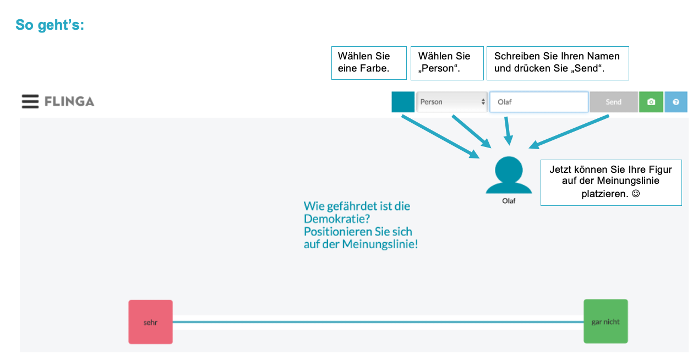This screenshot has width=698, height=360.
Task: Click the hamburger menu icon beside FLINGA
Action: click(30, 101)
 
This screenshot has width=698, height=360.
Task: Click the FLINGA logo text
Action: click(69, 101)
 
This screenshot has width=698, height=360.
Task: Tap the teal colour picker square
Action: click(403, 102)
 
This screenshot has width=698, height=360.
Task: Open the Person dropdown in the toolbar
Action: click(452, 102)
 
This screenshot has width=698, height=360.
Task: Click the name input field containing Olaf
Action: click(538, 102)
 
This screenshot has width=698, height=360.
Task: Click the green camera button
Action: click(651, 102)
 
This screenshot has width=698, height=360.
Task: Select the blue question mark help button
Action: click(676, 102)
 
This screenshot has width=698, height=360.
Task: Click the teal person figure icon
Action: click(509, 175)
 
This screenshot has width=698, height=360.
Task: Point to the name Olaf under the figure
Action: click(509, 201)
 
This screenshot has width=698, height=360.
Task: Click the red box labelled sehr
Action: click(150, 322)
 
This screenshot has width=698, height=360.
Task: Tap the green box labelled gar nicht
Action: click(606, 321)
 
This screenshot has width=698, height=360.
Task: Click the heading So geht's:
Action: click(50, 25)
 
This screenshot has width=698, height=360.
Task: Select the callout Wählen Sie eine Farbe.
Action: click(368, 63)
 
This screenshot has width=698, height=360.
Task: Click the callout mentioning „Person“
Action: click(446, 63)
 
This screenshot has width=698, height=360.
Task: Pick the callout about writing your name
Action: click(557, 63)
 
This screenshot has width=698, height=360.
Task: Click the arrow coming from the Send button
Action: click(570, 132)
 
